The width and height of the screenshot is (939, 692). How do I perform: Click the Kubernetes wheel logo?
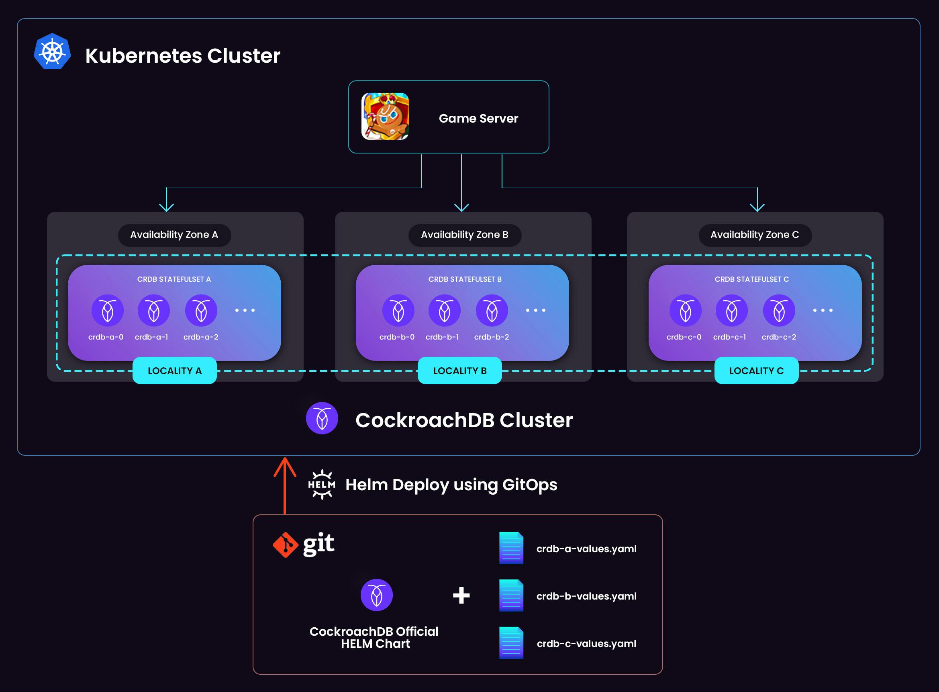coord(52,51)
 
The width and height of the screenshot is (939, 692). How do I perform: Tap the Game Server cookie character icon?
coord(385,117)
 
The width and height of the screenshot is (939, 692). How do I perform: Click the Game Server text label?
coord(478,119)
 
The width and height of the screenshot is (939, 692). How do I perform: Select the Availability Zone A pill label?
coord(174,235)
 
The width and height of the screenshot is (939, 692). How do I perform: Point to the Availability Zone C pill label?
coord(754,235)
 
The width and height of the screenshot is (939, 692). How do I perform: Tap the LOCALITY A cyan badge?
coord(175,371)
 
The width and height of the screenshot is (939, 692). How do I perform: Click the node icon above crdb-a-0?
coord(107,310)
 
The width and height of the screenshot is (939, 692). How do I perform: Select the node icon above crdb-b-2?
coord(492,310)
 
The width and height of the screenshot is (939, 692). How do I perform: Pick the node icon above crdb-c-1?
coord(731,310)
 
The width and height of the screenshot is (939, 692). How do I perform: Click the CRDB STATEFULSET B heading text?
coord(464,279)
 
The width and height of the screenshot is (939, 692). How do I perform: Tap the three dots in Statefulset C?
coord(822,310)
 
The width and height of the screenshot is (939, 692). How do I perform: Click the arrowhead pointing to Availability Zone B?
coord(461,207)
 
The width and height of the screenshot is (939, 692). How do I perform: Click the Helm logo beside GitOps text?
coord(322,485)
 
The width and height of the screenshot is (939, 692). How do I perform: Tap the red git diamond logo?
coord(285,545)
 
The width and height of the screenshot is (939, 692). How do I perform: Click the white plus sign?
coord(461,595)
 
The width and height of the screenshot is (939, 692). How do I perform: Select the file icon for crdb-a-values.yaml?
coord(511,548)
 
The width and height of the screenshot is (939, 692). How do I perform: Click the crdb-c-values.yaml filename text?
coord(586,644)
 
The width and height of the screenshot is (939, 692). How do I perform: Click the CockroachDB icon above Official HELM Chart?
coord(376,595)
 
